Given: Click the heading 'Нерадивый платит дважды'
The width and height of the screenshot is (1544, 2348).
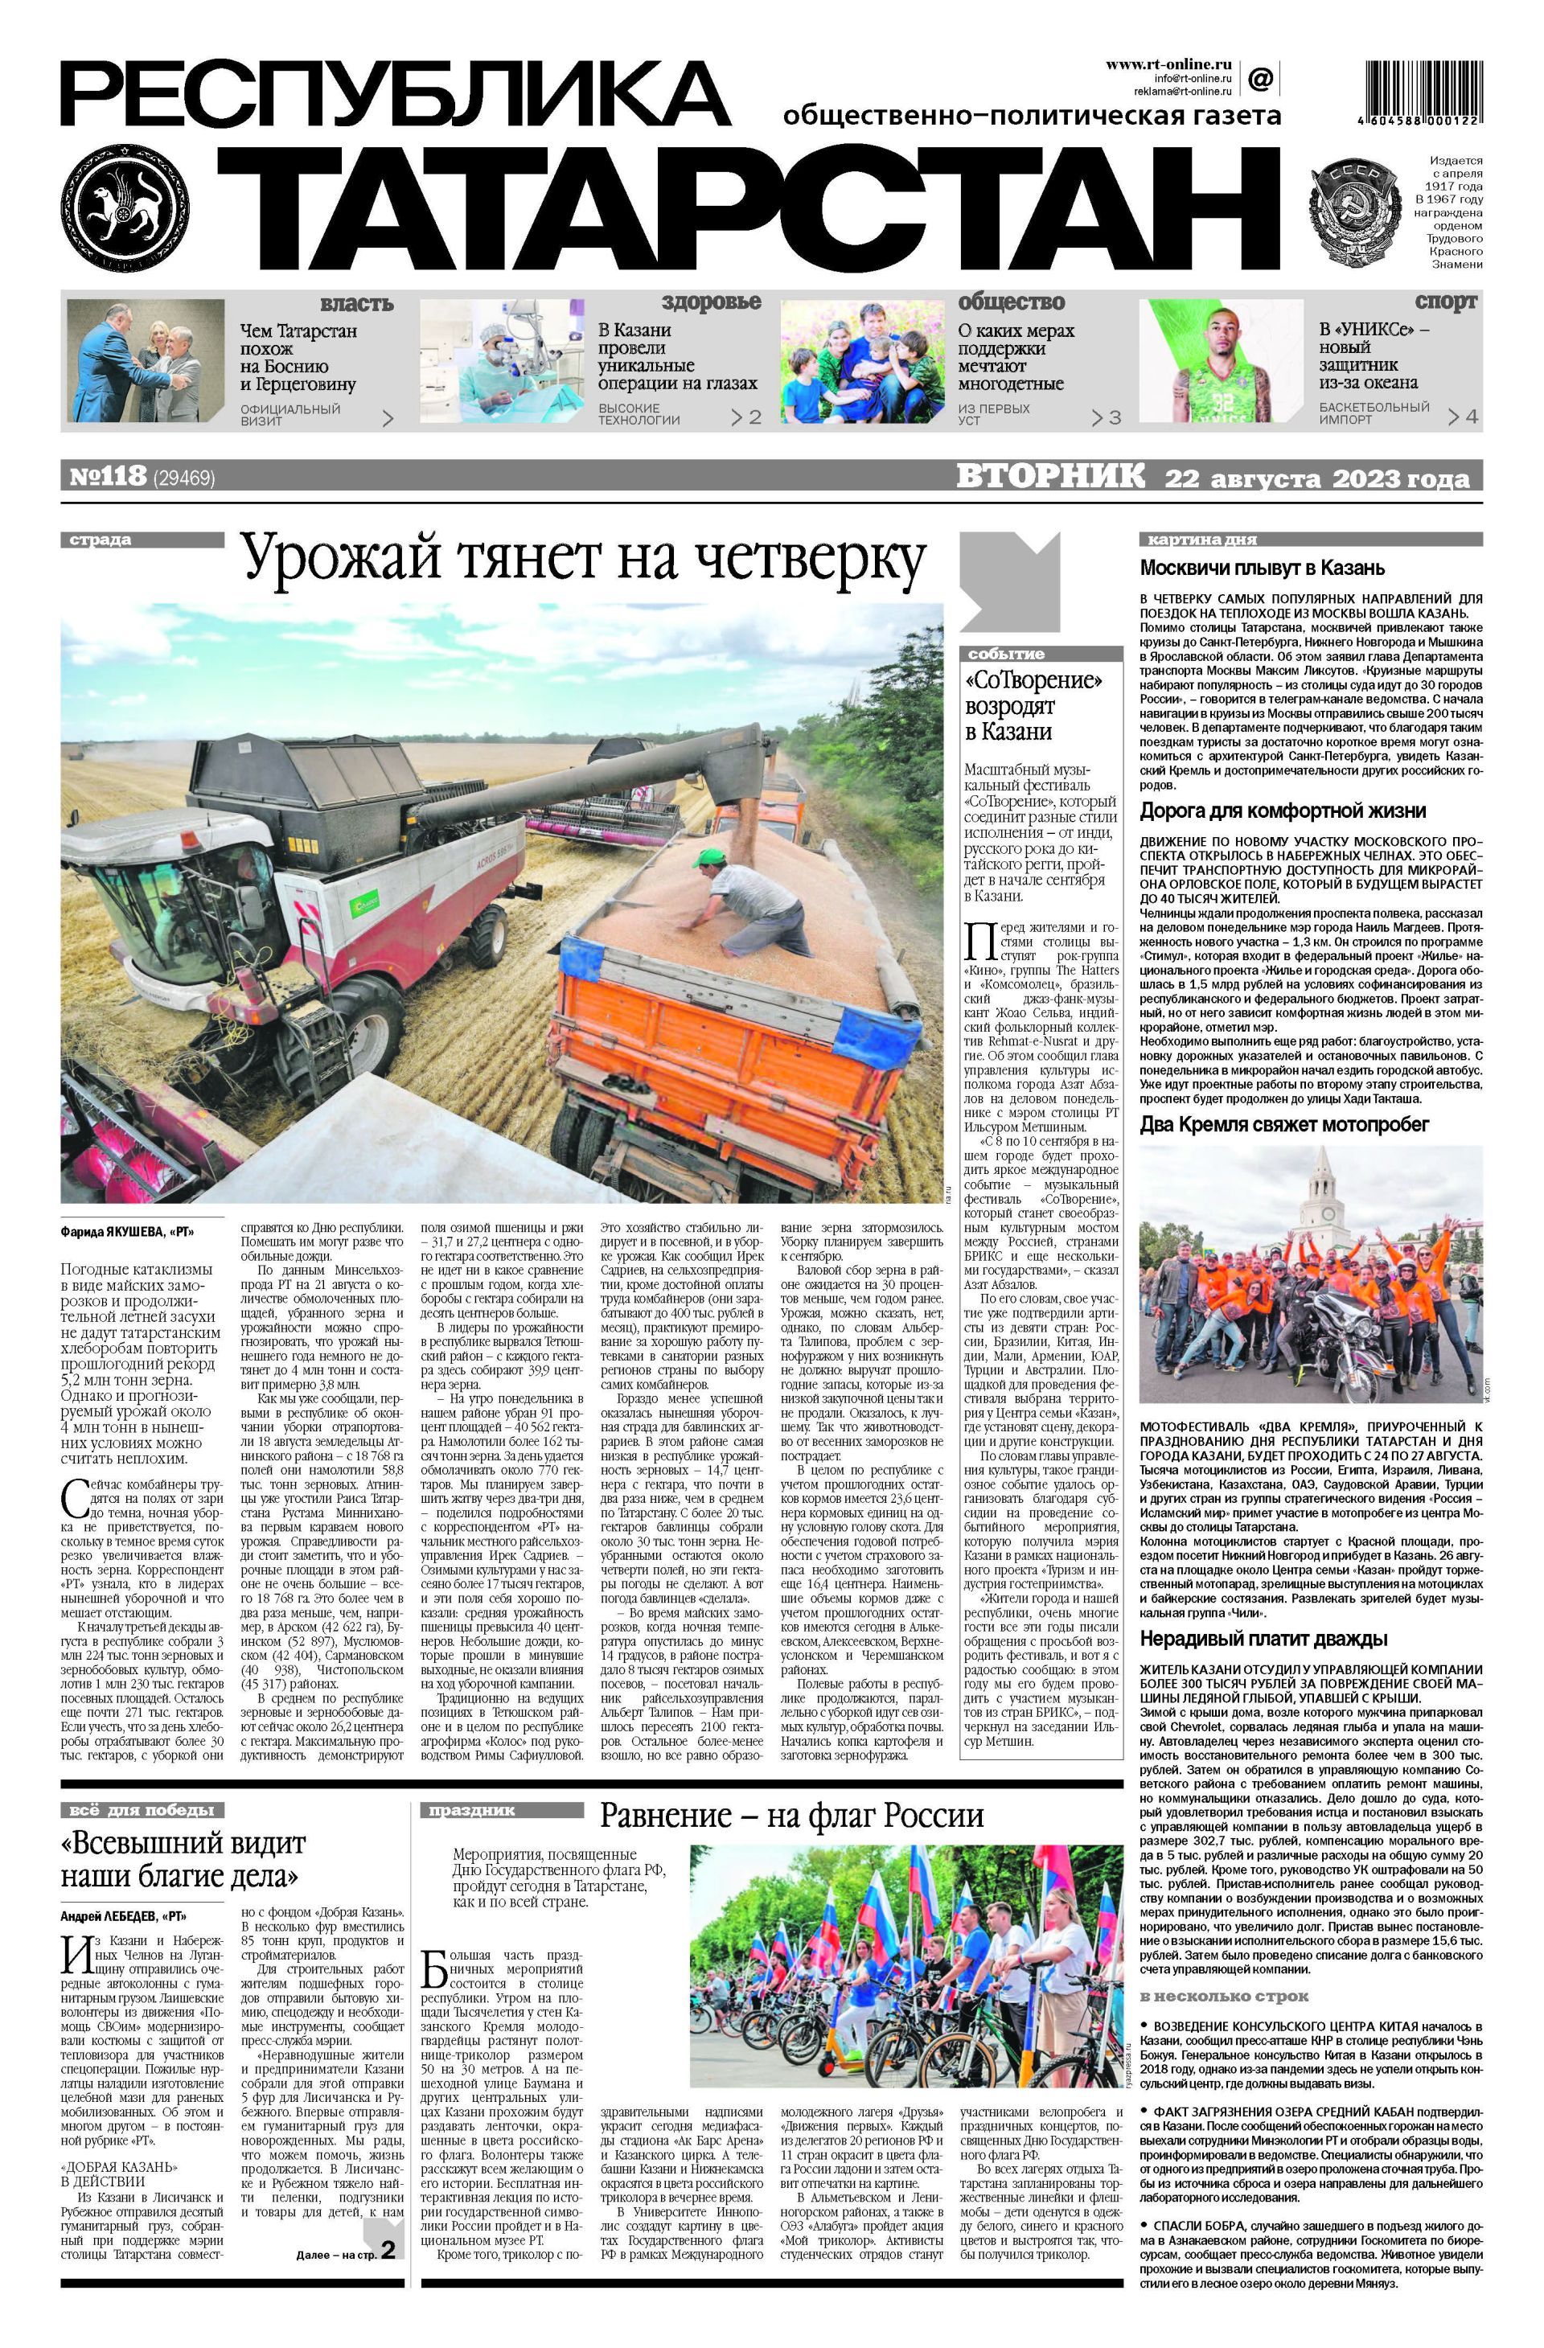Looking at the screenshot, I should click(x=1264, y=1639).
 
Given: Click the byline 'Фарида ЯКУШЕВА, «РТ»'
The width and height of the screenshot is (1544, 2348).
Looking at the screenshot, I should click(x=126, y=1232).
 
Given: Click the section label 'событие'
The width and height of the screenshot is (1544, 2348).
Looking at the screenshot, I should click(x=1005, y=653).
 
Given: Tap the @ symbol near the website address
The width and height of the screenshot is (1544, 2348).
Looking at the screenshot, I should click(x=1260, y=77).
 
